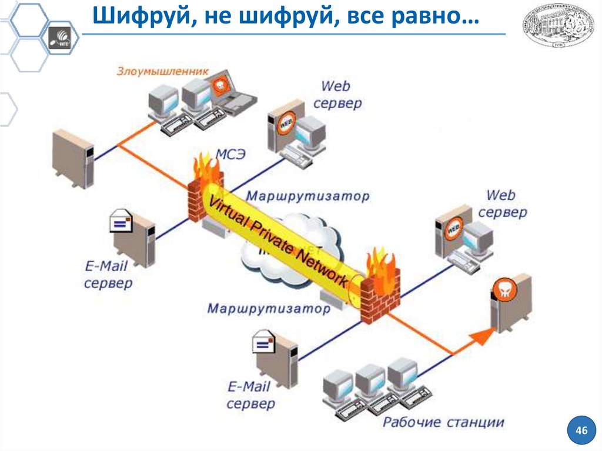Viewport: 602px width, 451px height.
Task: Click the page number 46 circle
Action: (581, 431)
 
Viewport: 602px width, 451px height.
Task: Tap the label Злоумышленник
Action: (162, 71)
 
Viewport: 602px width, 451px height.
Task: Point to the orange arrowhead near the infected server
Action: (481, 336)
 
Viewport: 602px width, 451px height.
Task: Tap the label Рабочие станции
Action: (443, 422)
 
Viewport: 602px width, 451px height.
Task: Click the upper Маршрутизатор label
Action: (307, 196)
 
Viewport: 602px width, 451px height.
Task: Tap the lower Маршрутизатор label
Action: (269, 308)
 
